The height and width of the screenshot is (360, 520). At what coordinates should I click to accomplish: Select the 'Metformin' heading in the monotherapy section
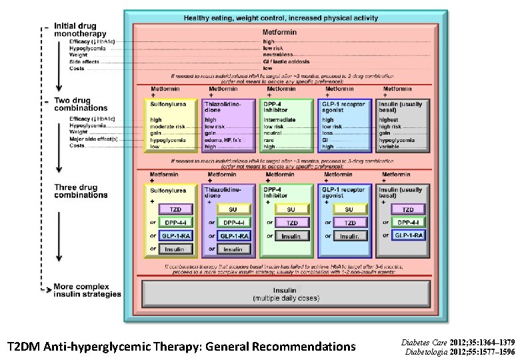pyautogui.click(x=281, y=31)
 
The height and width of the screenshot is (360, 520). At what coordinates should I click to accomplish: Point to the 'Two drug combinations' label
pyautogui.click(x=79, y=103)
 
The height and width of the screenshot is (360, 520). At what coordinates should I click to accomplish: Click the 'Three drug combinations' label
pyautogui.click(x=79, y=191)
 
